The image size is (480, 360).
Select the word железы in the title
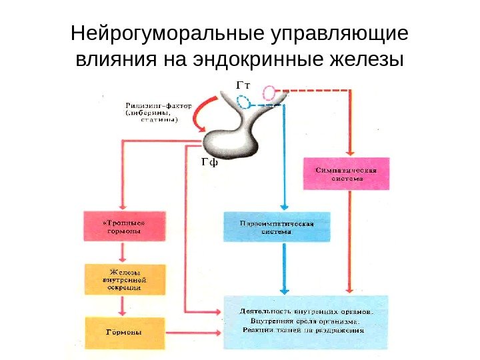click(x=367, y=61)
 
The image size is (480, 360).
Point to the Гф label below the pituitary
click(x=209, y=162)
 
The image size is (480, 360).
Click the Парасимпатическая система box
click(x=276, y=227)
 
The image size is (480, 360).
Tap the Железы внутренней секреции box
click(x=123, y=279)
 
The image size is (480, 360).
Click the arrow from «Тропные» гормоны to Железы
click(x=123, y=252)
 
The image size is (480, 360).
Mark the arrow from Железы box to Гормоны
click(x=123, y=305)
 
